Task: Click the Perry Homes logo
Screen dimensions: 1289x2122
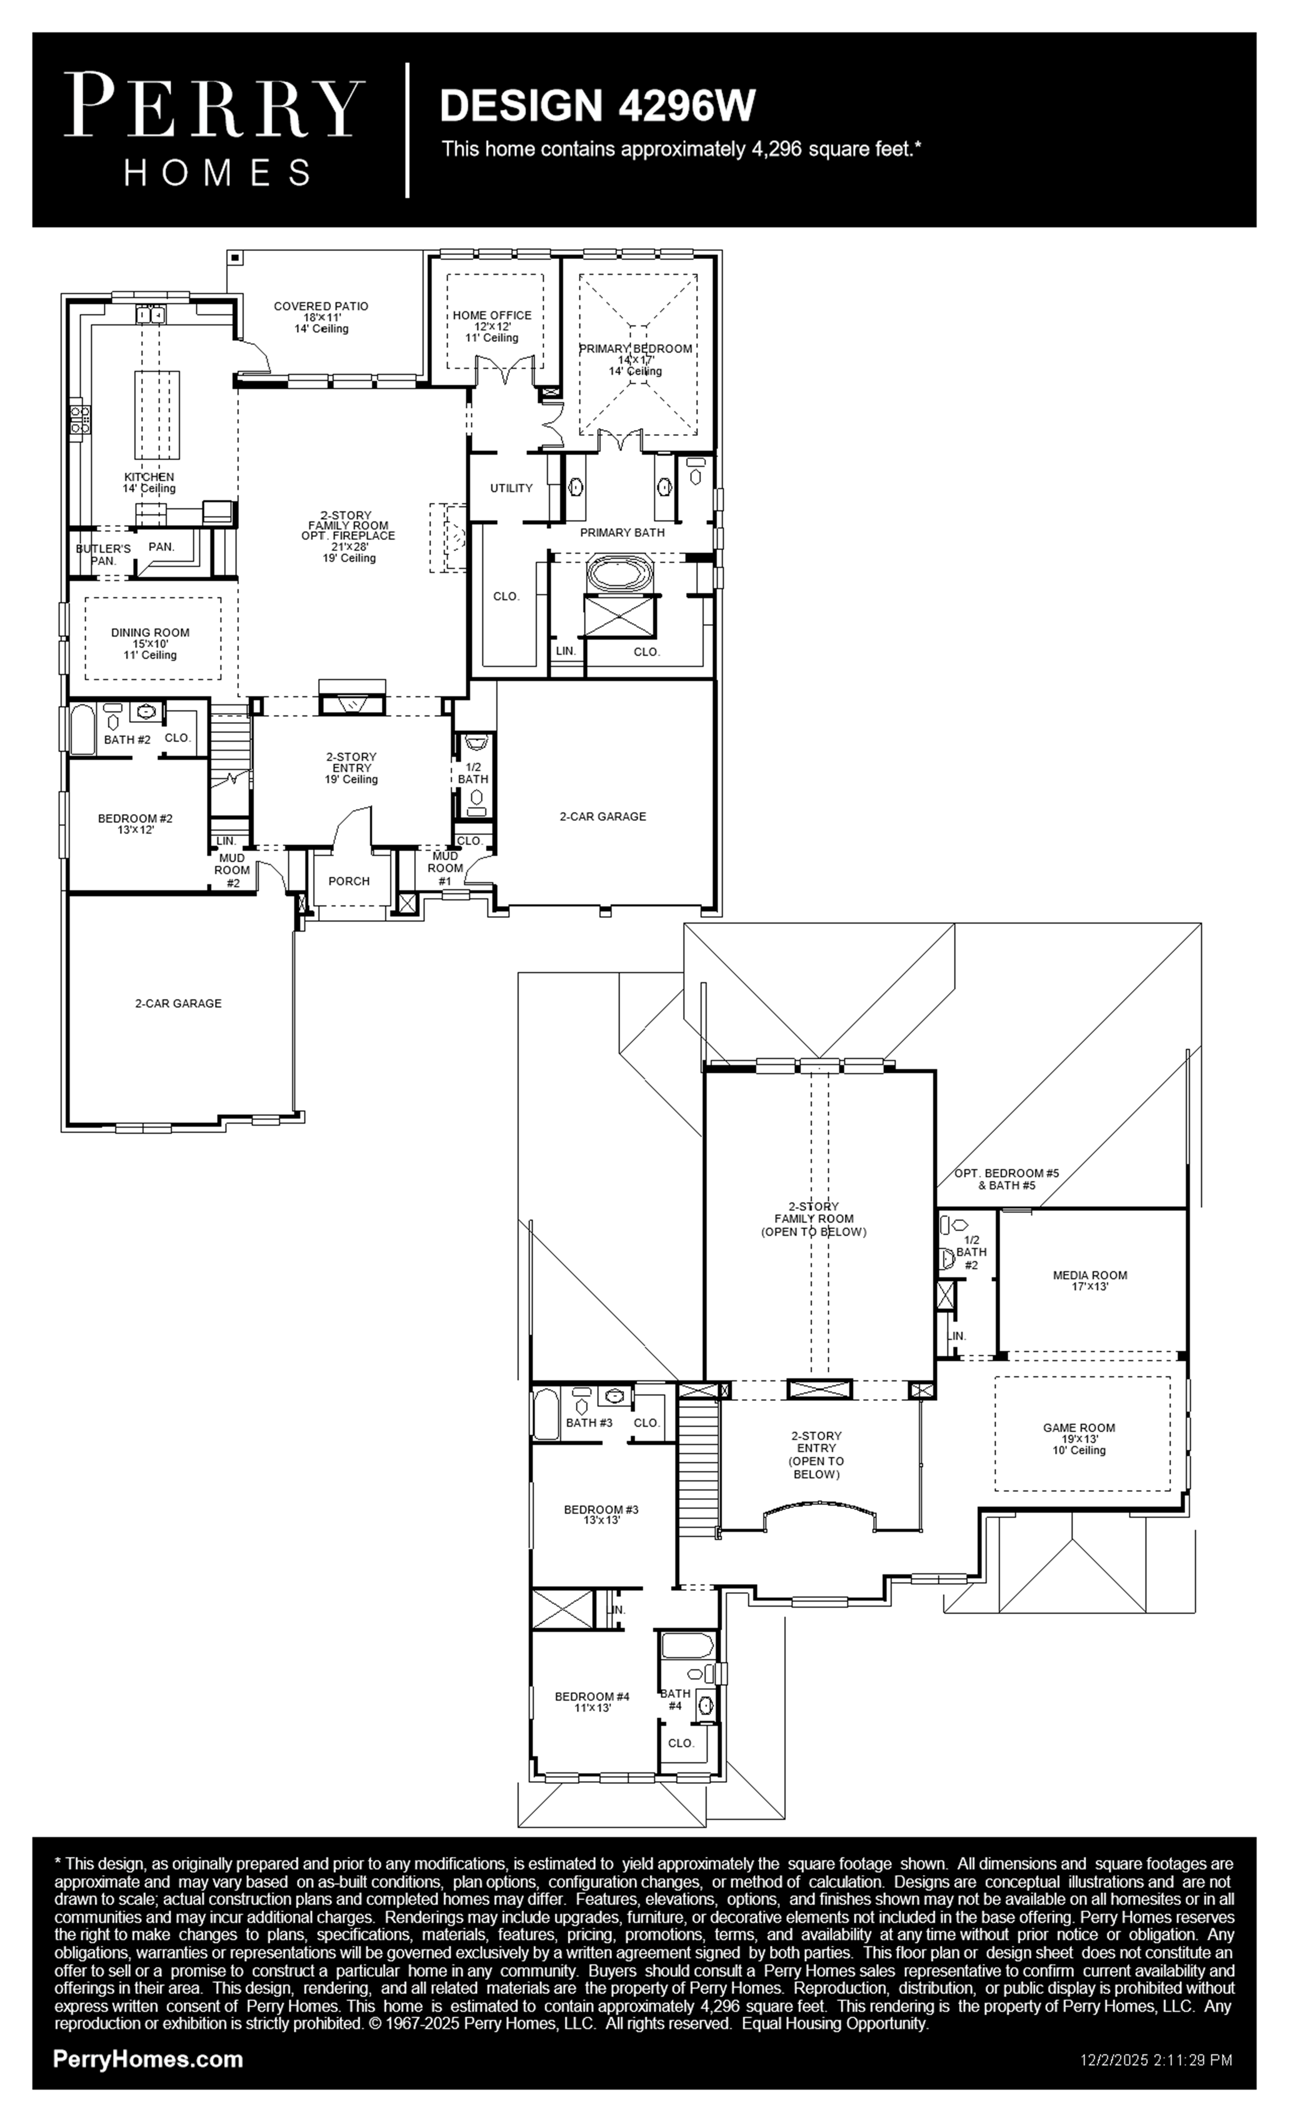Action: (x=214, y=129)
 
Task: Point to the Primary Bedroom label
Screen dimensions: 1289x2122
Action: (x=635, y=359)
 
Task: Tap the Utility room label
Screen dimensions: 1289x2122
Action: (x=512, y=488)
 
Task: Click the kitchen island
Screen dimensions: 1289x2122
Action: (x=157, y=415)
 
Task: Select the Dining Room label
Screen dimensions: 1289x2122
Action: (x=150, y=643)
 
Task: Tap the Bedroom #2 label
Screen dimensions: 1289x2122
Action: (x=135, y=824)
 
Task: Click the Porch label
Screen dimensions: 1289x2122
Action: (x=349, y=881)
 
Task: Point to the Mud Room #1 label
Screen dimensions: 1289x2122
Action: (x=445, y=868)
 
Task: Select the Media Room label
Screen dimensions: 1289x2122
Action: (x=1090, y=1281)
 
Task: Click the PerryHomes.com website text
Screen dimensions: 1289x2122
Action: (x=148, y=2059)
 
